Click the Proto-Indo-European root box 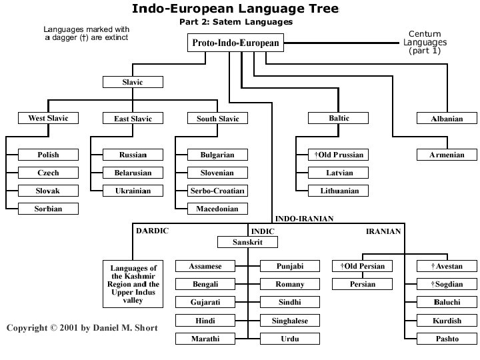[235, 43]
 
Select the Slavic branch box [132, 83]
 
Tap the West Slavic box [48, 119]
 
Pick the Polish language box [48, 155]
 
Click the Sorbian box [48, 209]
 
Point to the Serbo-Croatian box [217, 191]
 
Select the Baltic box [339, 119]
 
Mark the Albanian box [447, 119]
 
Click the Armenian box [447, 155]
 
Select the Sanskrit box [247, 242]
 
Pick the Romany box [289, 285]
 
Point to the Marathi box [205, 339]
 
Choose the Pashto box [447, 339]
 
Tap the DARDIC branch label [153, 231]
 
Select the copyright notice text [82, 329]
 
